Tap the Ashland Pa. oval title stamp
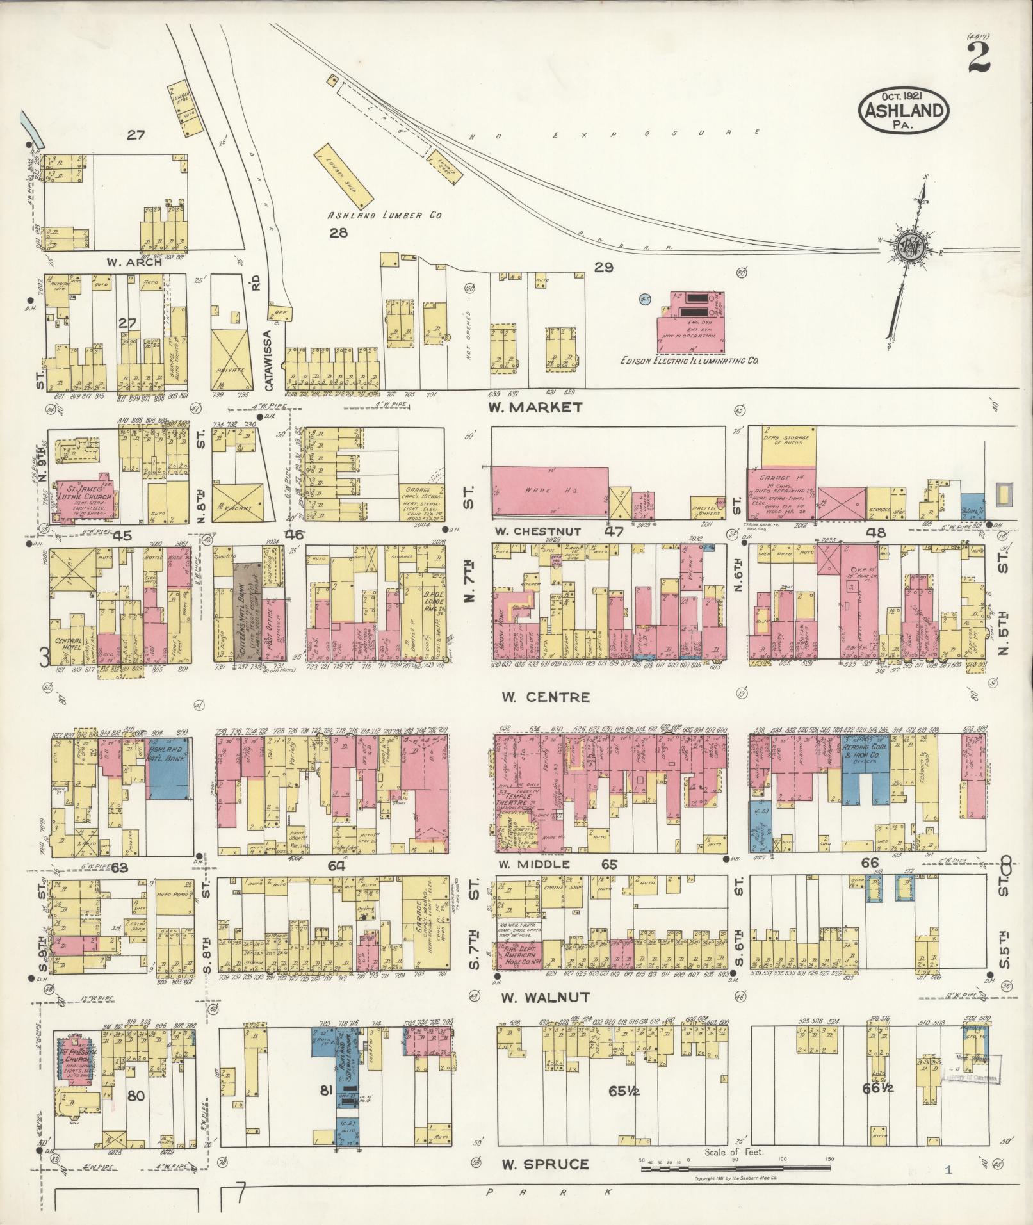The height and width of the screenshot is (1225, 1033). click(904, 111)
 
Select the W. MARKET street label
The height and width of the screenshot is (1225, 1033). click(534, 407)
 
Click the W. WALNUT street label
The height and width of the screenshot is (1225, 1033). click(544, 997)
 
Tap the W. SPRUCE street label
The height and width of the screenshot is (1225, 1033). click(544, 1164)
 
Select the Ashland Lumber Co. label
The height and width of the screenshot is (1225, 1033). click(386, 216)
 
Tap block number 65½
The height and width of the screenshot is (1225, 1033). click(620, 1091)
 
